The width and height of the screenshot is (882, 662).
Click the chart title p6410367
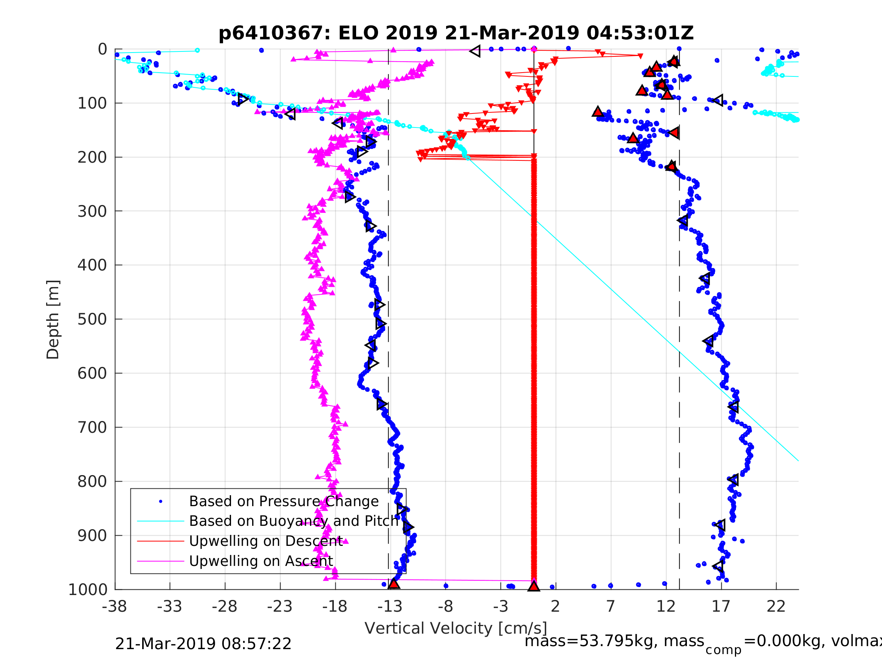456,33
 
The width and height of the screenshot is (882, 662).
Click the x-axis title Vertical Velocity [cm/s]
456,628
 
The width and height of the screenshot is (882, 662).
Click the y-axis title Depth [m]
53,320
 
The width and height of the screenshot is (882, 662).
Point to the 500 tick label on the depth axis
92,319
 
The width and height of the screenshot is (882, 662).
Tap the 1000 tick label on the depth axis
88,589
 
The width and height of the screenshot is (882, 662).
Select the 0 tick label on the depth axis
102,50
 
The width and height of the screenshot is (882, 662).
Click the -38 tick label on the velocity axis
115,606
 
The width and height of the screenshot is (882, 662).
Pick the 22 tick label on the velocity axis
776,606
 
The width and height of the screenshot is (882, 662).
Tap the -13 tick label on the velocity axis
389,606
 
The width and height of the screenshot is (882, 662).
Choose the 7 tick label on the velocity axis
611,606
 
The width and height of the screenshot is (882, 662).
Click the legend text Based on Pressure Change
284,501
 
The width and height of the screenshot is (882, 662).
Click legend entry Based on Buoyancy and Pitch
293,521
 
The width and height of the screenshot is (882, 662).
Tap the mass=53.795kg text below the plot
614,641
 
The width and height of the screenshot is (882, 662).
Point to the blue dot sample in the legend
161,501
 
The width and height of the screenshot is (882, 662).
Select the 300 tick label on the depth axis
92,211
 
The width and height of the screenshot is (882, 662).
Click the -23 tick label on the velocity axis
279,606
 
